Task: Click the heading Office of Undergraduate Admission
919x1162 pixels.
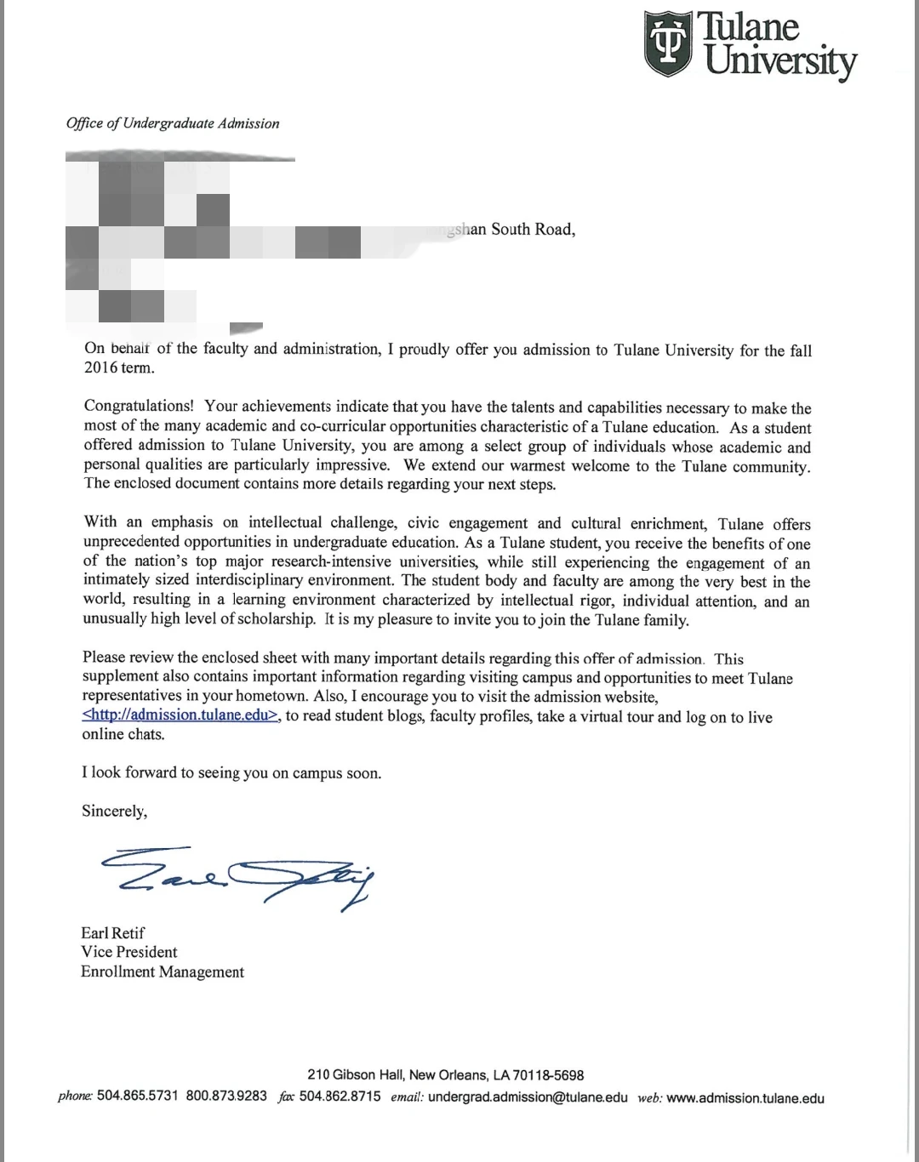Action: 173,123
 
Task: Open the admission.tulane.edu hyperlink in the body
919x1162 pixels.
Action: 180,715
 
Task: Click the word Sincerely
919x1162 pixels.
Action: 114,811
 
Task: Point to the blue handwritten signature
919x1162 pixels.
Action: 237,872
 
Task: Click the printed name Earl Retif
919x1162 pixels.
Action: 113,933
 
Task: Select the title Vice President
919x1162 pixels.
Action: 129,952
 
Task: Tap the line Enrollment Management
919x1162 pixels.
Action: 163,971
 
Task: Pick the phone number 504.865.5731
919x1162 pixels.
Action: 138,1096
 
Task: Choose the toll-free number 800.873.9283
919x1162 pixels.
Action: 226,1096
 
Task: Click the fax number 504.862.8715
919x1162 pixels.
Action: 340,1096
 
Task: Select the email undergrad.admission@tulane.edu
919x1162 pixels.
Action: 528,1097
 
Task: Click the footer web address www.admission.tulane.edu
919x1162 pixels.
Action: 745,1098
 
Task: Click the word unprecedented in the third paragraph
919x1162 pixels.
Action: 131,542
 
